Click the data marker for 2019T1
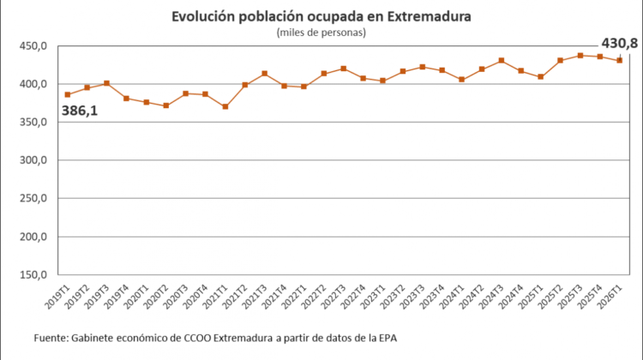(x=68, y=95)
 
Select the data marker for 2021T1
(x=225, y=106)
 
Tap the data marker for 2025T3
(x=580, y=56)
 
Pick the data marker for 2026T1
(x=620, y=60)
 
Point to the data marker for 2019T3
(x=106, y=83)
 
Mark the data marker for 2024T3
(x=502, y=60)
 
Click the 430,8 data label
(x=620, y=43)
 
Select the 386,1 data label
(x=80, y=111)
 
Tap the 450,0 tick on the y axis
(x=33, y=46)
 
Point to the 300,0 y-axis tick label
(x=33, y=160)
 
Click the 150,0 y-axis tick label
(x=33, y=275)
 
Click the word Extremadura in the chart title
(x=430, y=17)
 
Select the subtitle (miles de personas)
(x=321, y=33)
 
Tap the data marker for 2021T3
(x=265, y=74)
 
